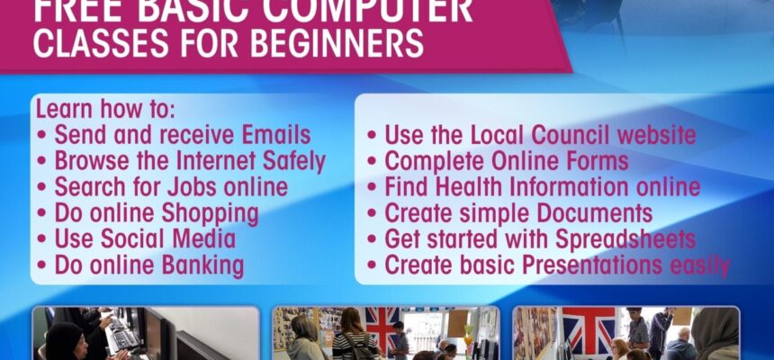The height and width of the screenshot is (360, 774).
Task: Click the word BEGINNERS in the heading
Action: tap(337, 43)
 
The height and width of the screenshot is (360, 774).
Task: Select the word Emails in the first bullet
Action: tap(276, 135)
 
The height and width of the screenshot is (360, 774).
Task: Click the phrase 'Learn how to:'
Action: tap(105, 109)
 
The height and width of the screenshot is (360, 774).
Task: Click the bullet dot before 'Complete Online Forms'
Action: tap(372, 162)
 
